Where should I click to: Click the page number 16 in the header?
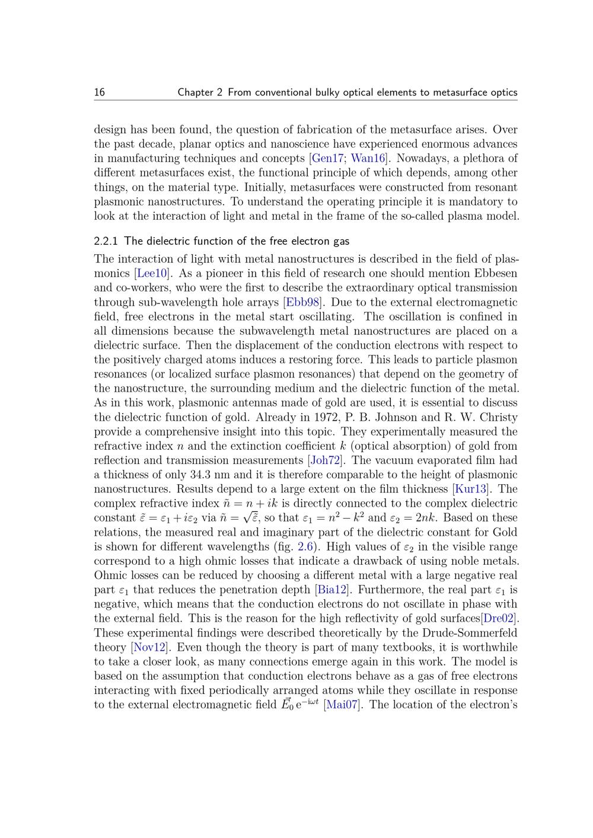[x=99, y=92]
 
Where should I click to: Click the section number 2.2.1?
[x=106, y=241]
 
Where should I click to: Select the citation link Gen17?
[x=324, y=158]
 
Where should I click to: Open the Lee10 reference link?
[x=152, y=273]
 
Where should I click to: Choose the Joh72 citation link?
[x=324, y=460]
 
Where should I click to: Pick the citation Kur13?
[x=470, y=489]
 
